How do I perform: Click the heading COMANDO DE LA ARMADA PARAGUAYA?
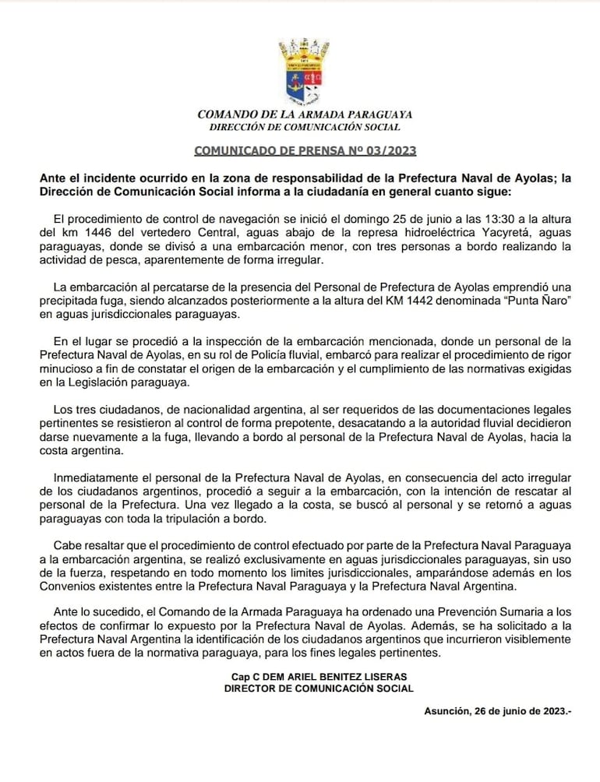click(x=305, y=114)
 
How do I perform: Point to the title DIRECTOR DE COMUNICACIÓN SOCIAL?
click(x=319, y=689)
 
